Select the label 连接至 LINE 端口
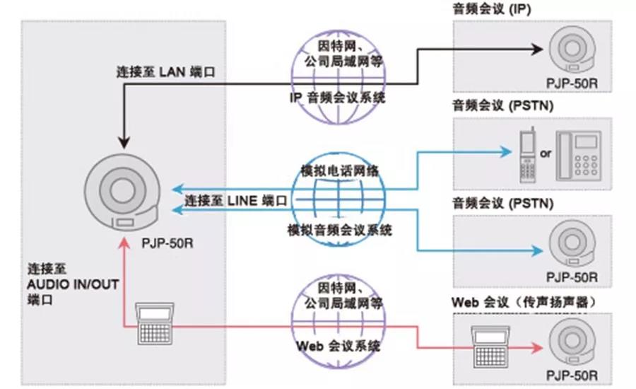point(237,201)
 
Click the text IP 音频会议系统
point(337,98)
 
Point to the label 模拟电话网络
point(338,170)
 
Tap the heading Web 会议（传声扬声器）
point(526,302)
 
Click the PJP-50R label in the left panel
point(167,243)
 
